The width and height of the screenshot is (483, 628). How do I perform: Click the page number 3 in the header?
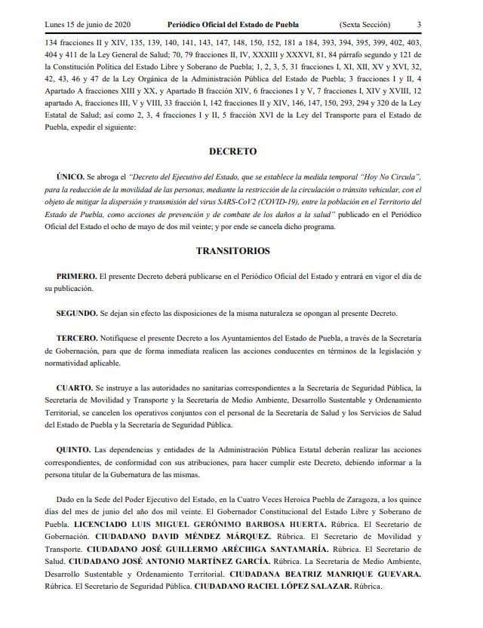[x=419, y=25]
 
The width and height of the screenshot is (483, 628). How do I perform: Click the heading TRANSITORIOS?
[x=233, y=251]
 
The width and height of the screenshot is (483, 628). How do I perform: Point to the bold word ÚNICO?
[x=70, y=175]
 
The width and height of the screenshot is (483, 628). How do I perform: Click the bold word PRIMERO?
[x=76, y=277]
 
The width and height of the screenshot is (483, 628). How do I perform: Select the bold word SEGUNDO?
[x=76, y=313]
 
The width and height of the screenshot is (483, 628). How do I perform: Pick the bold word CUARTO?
[x=74, y=388]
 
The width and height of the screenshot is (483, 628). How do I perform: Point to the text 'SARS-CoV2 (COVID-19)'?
[x=251, y=202]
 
